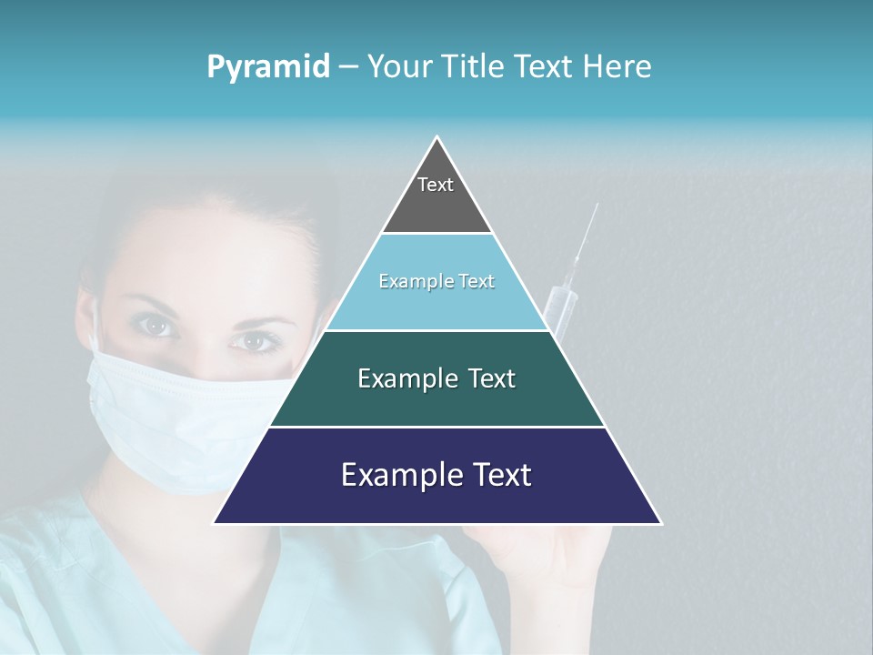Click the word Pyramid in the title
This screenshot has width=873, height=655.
coord(267,67)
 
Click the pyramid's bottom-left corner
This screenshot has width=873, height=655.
coord(216,522)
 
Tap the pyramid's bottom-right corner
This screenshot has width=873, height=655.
coord(659,522)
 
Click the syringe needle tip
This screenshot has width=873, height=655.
coord(597,206)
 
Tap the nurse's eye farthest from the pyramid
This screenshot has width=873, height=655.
coord(156,325)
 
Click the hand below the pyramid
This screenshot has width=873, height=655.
coord(573,559)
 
